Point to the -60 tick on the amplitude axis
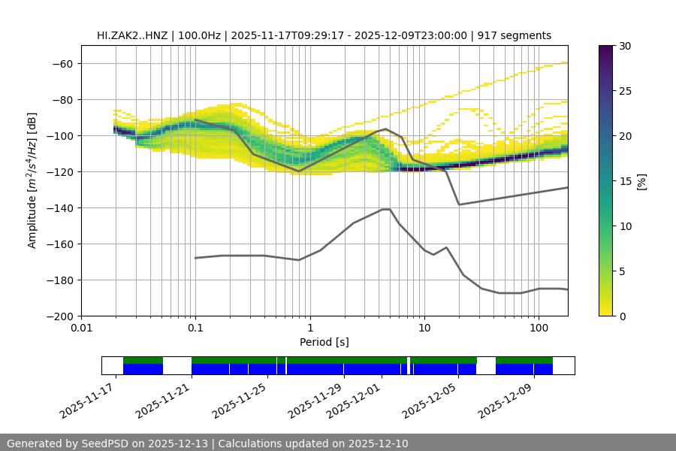62,63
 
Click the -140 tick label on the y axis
59,207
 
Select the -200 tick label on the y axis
59,316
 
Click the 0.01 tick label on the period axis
81,328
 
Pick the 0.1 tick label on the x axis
195,328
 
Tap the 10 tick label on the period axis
424,328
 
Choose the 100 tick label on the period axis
538,328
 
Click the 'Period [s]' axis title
324,342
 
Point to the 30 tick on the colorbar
624,46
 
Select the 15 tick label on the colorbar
624,181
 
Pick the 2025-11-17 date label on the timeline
88,400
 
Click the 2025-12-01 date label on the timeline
355,400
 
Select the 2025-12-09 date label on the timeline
506,400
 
